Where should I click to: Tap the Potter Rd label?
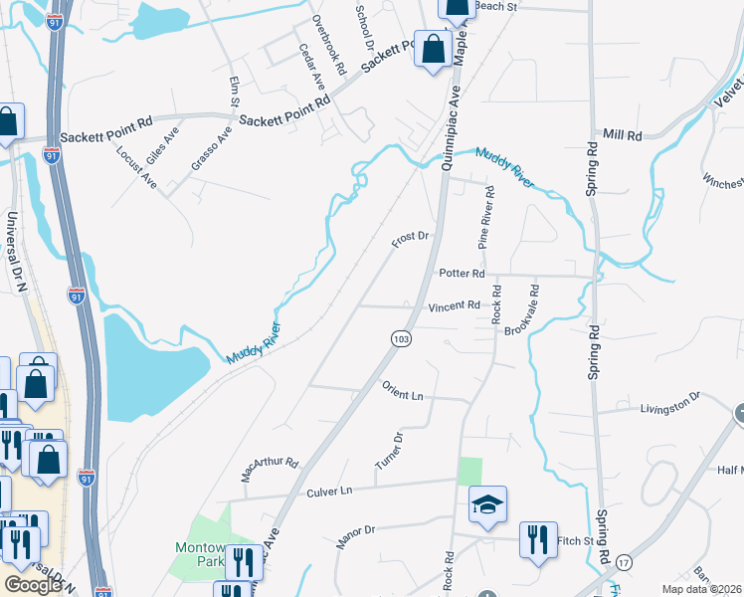(x=461, y=274)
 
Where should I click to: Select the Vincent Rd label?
(x=454, y=306)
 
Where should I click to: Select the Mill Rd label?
(x=623, y=133)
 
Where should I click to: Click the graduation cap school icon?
(x=488, y=504)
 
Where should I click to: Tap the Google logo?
(x=33, y=585)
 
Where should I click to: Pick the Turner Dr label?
(x=389, y=452)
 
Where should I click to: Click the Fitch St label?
(x=575, y=541)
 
